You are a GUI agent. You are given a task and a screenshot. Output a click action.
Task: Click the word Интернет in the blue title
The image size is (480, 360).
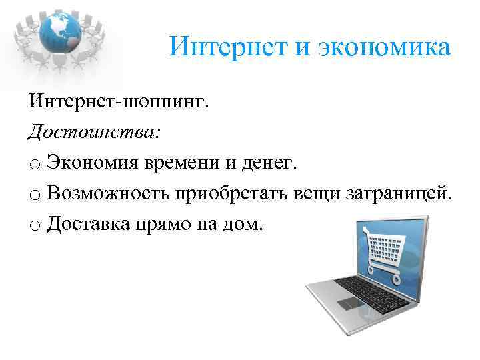217,48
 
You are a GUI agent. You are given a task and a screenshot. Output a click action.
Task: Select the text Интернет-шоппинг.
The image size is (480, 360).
119,103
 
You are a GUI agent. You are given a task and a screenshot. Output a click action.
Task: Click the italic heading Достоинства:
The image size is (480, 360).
94,132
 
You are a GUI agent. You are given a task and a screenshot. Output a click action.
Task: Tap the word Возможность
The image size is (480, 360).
107,193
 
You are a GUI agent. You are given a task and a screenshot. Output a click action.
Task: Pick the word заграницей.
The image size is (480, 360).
398,193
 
